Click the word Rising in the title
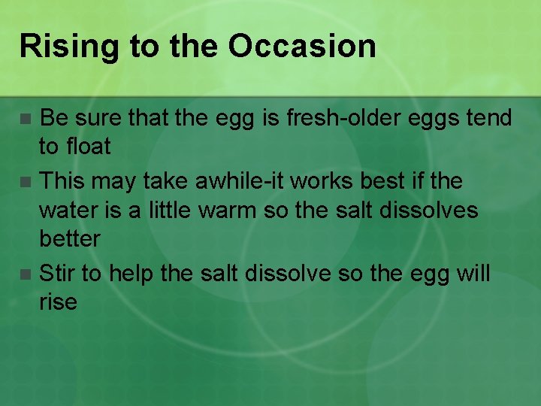click(x=68, y=47)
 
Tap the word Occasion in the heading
click(x=302, y=47)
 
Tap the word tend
click(x=488, y=118)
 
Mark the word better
click(x=69, y=239)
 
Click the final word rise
click(x=58, y=303)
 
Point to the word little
click(x=161, y=210)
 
